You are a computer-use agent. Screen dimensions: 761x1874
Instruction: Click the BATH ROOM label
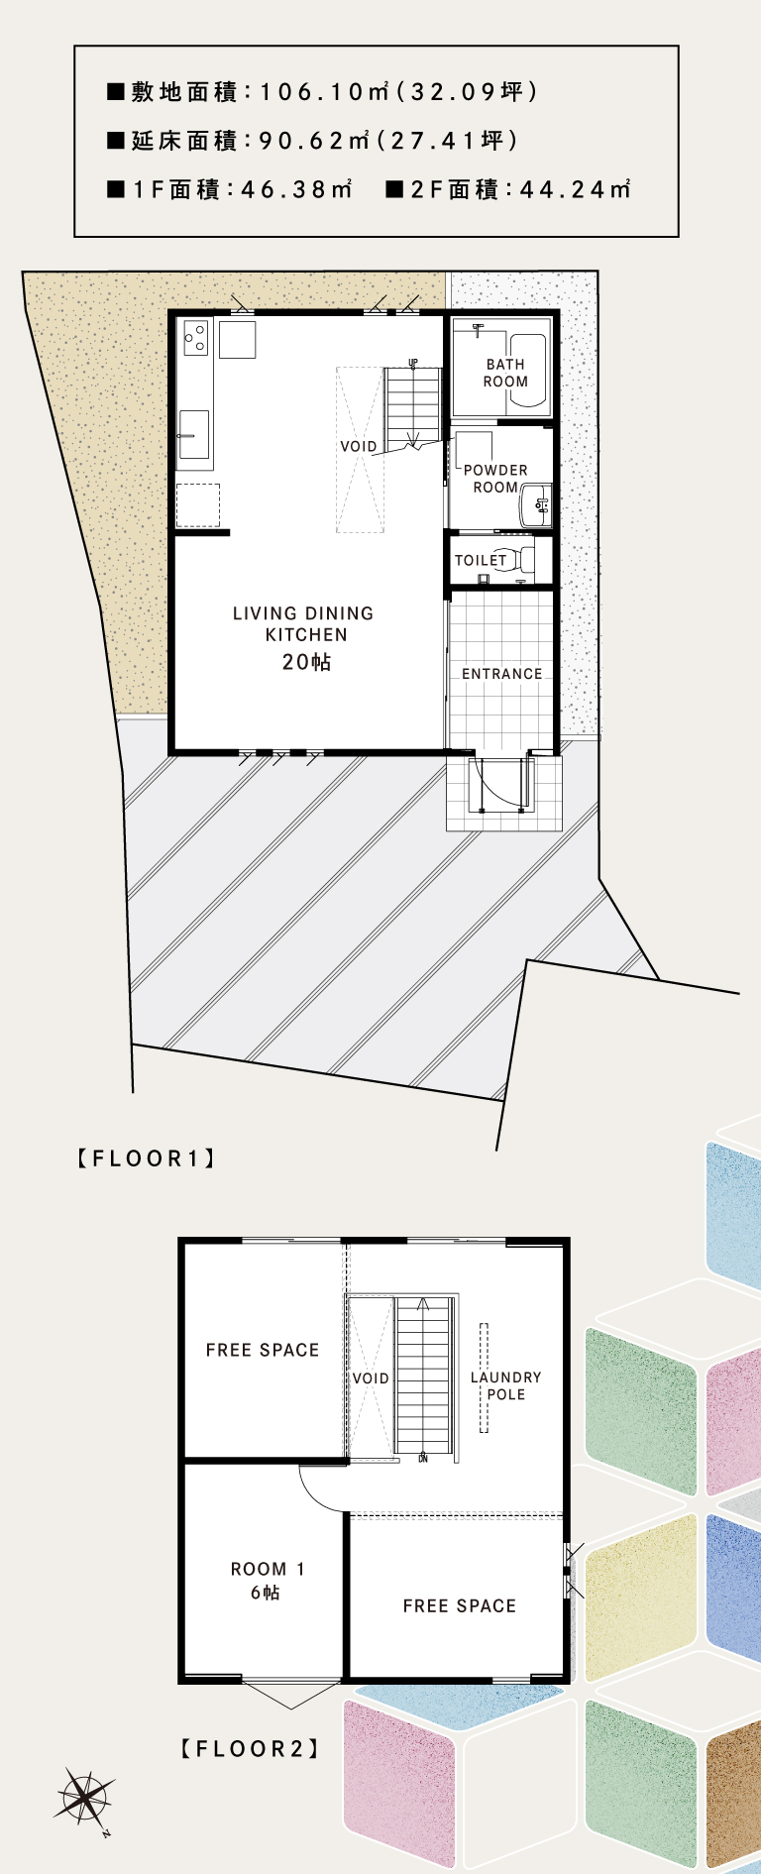[505, 373]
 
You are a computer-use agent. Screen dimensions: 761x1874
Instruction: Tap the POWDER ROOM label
[495, 479]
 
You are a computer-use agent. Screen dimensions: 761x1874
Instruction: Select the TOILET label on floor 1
[481, 560]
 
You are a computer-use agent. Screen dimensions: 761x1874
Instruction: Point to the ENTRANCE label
[502, 674]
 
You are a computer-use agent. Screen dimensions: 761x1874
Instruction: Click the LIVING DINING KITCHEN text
[304, 624]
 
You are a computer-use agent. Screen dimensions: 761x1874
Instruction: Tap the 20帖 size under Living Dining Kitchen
[306, 662]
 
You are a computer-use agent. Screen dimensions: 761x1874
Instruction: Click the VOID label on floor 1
[359, 447]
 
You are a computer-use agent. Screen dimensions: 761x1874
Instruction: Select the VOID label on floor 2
[371, 1378]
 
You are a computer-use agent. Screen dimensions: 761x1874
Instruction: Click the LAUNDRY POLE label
[506, 1385]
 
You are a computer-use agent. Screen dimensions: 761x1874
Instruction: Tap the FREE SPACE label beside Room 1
[460, 1605]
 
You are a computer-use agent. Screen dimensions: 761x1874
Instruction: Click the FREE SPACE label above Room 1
[263, 1350]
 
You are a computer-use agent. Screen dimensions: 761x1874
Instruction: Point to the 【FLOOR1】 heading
[147, 1157]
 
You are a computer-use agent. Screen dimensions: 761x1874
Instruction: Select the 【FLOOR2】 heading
[251, 1748]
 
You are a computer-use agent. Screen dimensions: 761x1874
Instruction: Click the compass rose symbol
[84, 1796]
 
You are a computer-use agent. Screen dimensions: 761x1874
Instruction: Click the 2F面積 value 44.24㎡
[576, 189]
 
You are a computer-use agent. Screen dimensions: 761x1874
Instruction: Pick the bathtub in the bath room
[526, 372]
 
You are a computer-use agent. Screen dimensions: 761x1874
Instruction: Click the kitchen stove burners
[196, 336]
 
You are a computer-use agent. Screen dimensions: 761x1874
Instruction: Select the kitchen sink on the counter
[194, 434]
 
